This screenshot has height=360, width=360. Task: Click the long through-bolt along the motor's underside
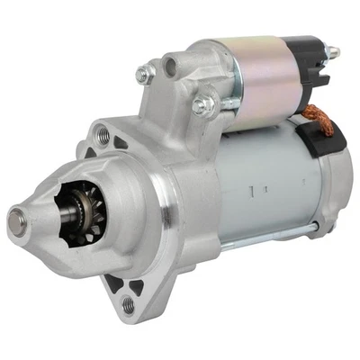270,238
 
